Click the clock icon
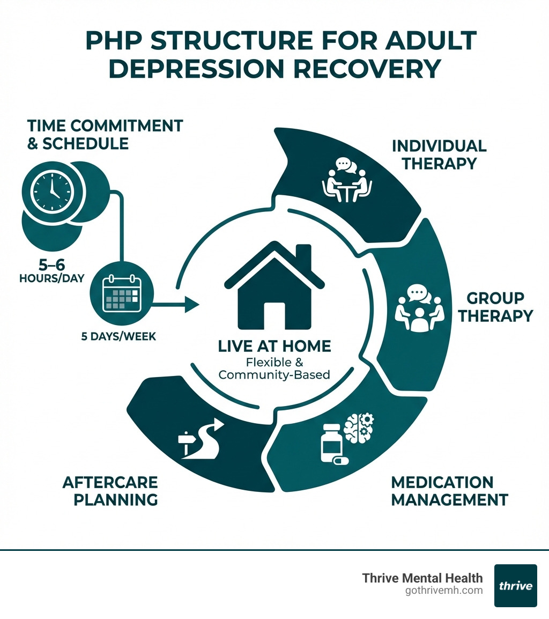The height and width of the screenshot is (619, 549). click(53, 191)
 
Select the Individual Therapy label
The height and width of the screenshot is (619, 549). click(439, 154)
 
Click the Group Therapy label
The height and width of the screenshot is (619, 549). click(495, 307)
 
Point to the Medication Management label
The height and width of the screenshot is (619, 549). click(449, 491)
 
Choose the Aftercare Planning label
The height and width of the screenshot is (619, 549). click(110, 491)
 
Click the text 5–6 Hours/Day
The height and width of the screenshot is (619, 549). click(52, 271)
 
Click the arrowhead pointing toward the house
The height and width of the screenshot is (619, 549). click(192, 305)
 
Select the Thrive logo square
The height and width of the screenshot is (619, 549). click(515, 585)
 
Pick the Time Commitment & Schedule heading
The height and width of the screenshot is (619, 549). click(105, 135)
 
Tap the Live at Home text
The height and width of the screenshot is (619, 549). click(274, 346)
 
